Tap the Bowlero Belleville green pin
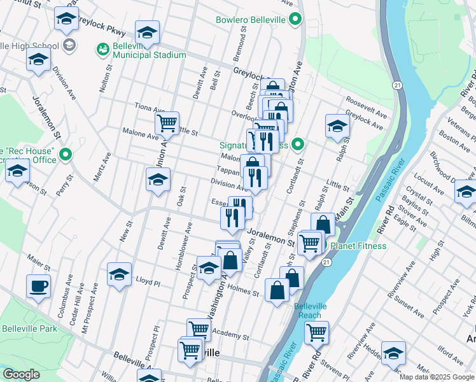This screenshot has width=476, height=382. pyautogui.click(x=295, y=20)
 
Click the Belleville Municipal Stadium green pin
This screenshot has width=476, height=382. pyautogui.click(x=102, y=48)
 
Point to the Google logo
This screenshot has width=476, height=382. pyautogui.click(x=21, y=374)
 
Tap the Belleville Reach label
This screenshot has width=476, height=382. pyautogui.click(x=311, y=311)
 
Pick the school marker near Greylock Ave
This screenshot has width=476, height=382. pyautogui.click(x=337, y=125)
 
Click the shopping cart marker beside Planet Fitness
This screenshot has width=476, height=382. pyautogui.click(x=310, y=242)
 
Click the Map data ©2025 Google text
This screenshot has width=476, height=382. pyautogui.click(x=437, y=377)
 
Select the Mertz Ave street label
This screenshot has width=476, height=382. pyautogui.click(x=102, y=166)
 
